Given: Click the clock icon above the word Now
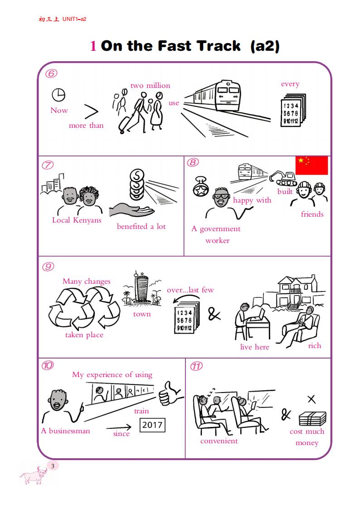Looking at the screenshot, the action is pyautogui.click(x=58, y=95).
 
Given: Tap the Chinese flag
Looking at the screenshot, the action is pyautogui.click(x=311, y=165).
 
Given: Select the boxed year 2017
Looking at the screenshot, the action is pyautogui.click(x=152, y=425).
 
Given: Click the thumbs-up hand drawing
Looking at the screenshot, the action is pyautogui.click(x=170, y=394).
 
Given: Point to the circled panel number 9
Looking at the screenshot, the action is pyautogui.click(x=48, y=267).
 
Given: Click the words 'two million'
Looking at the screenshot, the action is pyautogui.click(x=150, y=85).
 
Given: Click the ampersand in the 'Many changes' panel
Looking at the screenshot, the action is pyautogui.click(x=214, y=314).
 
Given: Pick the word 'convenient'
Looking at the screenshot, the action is pyautogui.click(x=219, y=441).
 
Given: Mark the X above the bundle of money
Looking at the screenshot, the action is pyautogui.click(x=311, y=399).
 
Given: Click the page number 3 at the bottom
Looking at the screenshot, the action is pyautogui.click(x=53, y=466).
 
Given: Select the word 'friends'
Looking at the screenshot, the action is pyautogui.click(x=312, y=214).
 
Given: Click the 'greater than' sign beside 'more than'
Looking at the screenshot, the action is pyautogui.click(x=91, y=111).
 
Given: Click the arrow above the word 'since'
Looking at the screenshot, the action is pyautogui.click(x=119, y=427).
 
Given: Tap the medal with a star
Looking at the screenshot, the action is pyautogui.click(x=201, y=188).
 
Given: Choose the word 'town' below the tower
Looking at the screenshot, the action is pyautogui.click(x=142, y=314).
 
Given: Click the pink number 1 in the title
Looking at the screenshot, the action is pyautogui.click(x=93, y=46).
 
